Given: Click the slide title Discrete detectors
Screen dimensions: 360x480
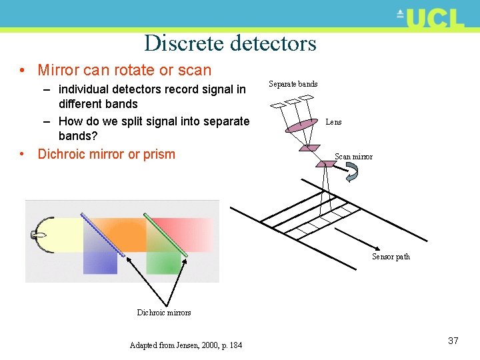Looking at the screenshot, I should pos(230,43).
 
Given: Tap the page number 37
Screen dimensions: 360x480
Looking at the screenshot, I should pos(453,341).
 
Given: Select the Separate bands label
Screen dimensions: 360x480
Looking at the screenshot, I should pos(293,84).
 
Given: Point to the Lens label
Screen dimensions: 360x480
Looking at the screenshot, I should pos(333,122).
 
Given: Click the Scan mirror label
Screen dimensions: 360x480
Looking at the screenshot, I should pos(353,157).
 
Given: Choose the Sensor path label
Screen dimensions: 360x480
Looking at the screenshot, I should pos(391,257).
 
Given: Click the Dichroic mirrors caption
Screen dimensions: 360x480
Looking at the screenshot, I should pos(164,313).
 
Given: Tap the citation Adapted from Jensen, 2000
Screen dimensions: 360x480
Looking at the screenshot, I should pos(186,345).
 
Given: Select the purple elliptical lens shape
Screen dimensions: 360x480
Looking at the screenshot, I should pos(301,125).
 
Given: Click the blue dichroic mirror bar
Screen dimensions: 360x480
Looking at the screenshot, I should pos(103,234).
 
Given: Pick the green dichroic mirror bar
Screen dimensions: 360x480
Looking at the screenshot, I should pos(165,234).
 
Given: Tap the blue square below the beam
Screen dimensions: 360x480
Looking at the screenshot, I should pos(100,263).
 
